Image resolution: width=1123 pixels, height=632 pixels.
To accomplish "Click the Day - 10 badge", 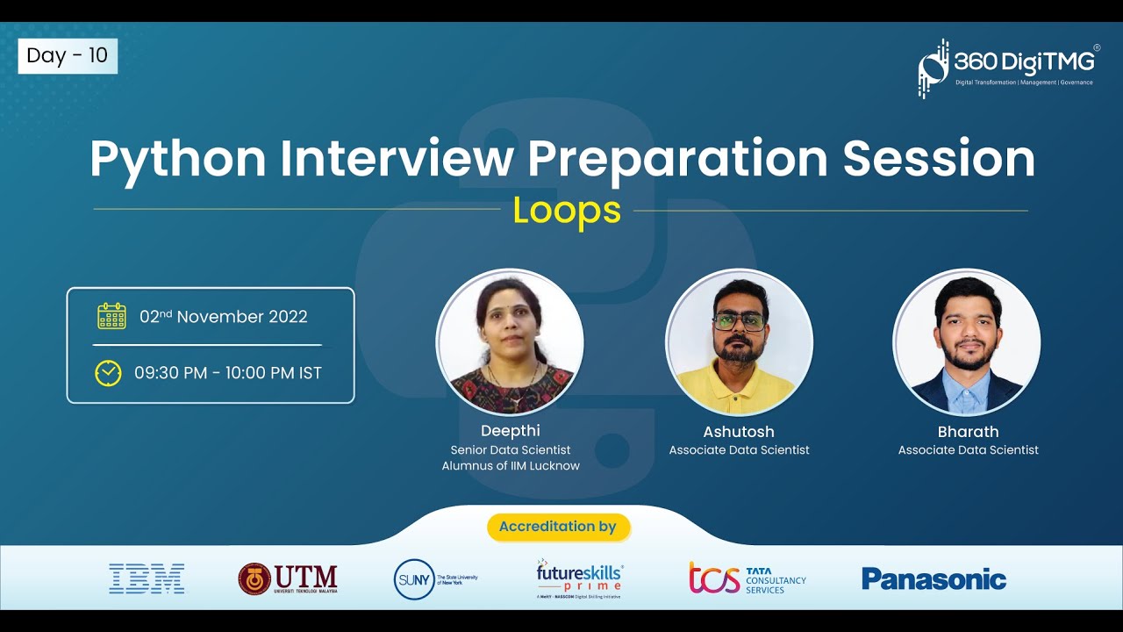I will (x=68, y=56).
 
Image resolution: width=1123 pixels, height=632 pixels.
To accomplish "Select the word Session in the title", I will (x=939, y=159).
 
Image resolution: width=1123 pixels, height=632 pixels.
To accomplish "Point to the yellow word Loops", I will (x=567, y=211).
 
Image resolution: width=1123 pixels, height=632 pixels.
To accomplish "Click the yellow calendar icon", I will (x=111, y=316).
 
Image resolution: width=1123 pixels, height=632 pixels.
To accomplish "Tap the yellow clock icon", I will (x=108, y=373).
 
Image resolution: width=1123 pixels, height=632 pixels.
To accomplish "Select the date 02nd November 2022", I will (x=224, y=317).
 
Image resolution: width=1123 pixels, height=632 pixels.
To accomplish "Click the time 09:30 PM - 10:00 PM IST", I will (x=228, y=373).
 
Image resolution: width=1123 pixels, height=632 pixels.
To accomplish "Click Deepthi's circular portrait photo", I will (x=510, y=342).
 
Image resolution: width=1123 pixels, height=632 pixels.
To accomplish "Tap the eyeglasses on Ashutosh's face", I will (x=739, y=321).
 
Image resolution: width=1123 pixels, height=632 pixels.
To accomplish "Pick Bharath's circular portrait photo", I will (x=967, y=342).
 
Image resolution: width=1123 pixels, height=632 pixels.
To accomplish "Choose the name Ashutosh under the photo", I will (x=739, y=432).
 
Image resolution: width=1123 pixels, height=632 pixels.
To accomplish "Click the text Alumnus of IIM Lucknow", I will (x=511, y=466).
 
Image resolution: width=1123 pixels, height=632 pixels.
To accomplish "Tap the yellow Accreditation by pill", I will (x=558, y=527).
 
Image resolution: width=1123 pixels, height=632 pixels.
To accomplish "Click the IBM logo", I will (x=147, y=578).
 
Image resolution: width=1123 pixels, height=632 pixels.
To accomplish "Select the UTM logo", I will (x=288, y=578).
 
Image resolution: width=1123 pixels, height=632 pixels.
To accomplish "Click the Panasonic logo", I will (x=933, y=578).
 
